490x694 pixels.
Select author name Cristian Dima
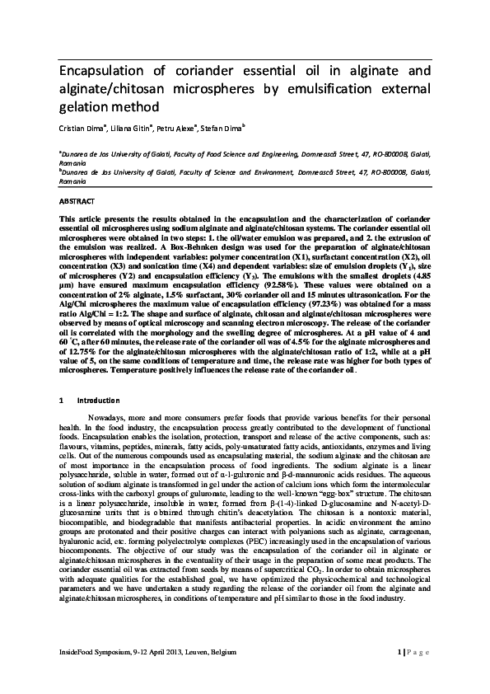[82, 127]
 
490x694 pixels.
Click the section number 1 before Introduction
[62, 400]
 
